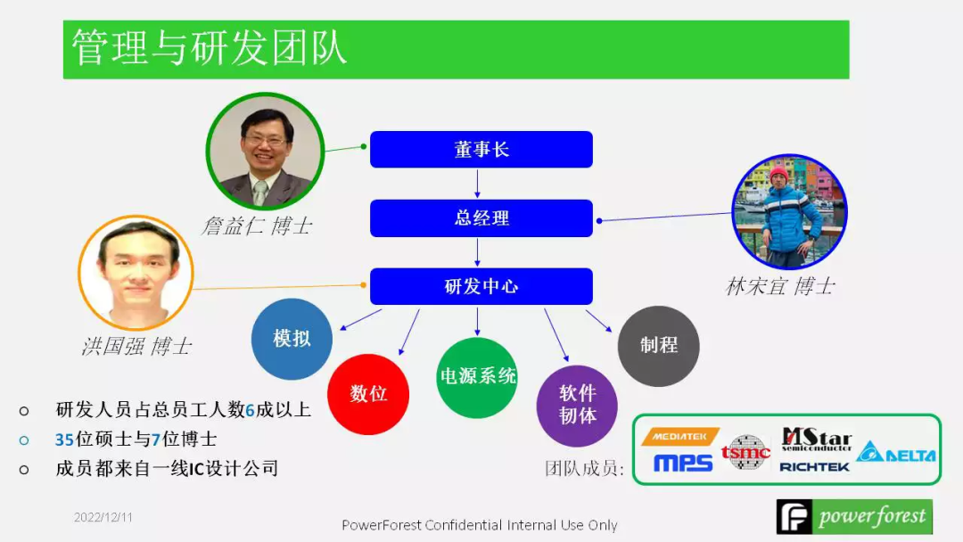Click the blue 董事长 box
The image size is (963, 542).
pyautogui.click(x=481, y=150)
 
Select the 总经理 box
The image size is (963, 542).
pyautogui.click(x=481, y=218)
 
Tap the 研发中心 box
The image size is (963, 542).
pyautogui.click(x=481, y=286)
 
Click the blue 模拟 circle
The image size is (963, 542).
pyautogui.click(x=292, y=339)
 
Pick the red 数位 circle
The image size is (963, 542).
pyautogui.click(x=367, y=393)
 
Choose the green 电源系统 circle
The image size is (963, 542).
pyautogui.click(x=477, y=376)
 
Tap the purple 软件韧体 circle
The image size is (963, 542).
pyautogui.click(x=577, y=405)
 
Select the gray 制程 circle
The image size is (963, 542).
pyautogui.click(x=658, y=346)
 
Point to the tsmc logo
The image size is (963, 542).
pyautogui.click(x=745, y=452)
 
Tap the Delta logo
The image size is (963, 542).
pyautogui.click(x=896, y=453)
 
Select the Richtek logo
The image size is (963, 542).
pyautogui.click(x=814, y=466)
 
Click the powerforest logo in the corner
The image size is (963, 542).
pyautogui.click(x=853, y=517)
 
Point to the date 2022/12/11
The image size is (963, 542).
pyautogui.click(x=103, y=517)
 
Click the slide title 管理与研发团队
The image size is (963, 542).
pyautogui.click(x=209, y=48)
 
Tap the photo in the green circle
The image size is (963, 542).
pyautogui.click(x=265, y=151)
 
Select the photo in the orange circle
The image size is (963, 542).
pyautogui.click(x=136, y=272)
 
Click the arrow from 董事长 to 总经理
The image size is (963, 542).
pyautogui.click(x=478, y=183)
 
